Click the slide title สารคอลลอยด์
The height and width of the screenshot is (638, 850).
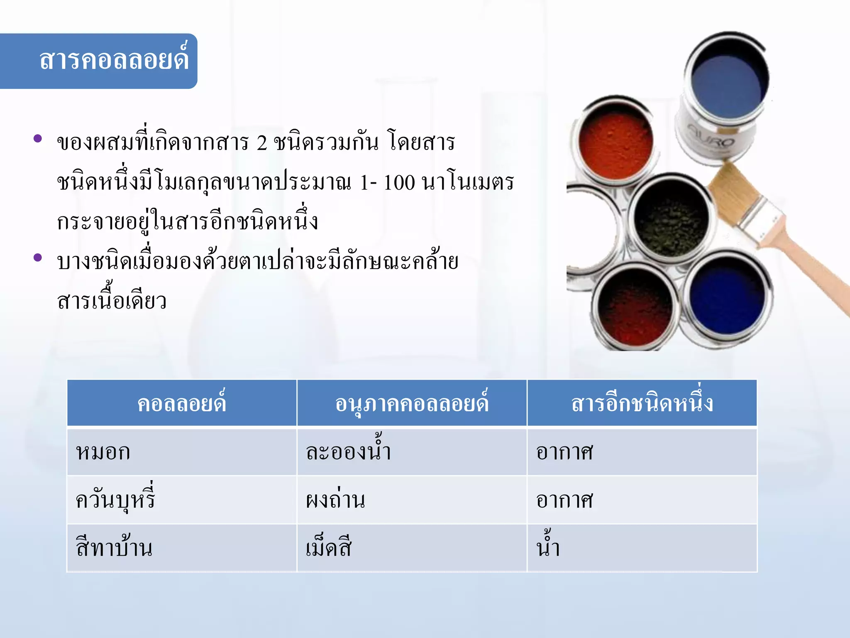click(x=114, y=61)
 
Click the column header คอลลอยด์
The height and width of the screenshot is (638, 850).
click(x=182, y=403)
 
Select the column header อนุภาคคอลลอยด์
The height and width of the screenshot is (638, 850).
click(x=412, y=403)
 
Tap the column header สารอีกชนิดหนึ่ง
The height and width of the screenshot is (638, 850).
click(x=642, y=403)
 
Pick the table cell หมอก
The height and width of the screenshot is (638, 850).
click(x=103, y=452)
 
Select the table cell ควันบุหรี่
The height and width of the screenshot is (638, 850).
click(x=115, y=499)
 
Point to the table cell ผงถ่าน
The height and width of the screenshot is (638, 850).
click(x=335, y=500)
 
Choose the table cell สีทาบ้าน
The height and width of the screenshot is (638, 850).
click(x=114, y=548)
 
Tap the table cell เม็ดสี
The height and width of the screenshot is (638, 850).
click(x=329, y=548)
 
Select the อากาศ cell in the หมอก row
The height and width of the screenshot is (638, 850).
click(x=564, y=452)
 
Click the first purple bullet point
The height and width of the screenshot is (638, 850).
click(x=38, y=139)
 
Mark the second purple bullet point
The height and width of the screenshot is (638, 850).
click(x=38, y=258)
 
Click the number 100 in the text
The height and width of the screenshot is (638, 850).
click(x=399, y=182)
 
